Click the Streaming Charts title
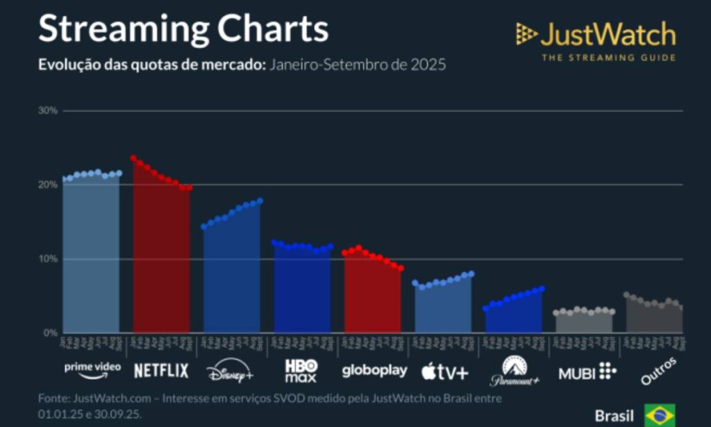pos(183,29)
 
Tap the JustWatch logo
pos(596,34)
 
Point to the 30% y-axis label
pos(49,110)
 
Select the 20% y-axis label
pos(49,185)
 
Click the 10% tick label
pos(49,259)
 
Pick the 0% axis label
pos(51,333)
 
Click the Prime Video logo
pos(92,369)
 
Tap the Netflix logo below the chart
pos(161,371)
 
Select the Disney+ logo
pos(231,372)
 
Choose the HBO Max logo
pos(301,371)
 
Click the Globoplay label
pos(374,371)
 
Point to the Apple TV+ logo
pos(444,372)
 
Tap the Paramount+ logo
pos(515,372)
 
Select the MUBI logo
pos(587,373)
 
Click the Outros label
pos(658,371)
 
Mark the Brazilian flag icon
pos(659,415)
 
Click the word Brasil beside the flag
pos(614,416)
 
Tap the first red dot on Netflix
pos(133,158)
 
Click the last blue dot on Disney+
pos(260,201)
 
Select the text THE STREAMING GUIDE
pos(608,58)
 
